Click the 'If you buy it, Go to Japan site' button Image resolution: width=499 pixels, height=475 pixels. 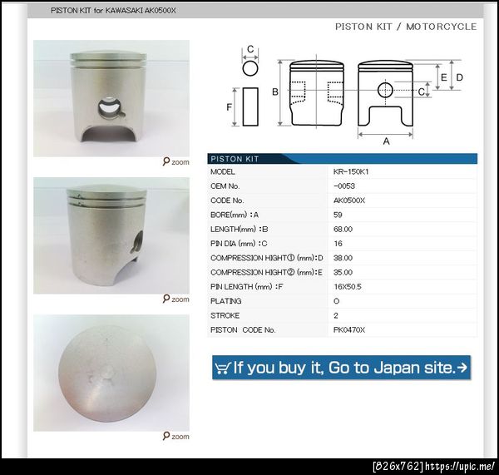[341, 368]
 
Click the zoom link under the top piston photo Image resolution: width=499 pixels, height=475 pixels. [176, 161]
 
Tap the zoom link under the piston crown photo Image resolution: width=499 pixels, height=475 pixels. [176, 436]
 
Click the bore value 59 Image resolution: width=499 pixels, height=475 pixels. [338, 215]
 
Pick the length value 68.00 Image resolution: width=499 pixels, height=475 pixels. [343, 230]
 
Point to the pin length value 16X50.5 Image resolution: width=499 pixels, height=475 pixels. [347, 287]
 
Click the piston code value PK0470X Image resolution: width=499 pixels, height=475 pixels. [349, 329]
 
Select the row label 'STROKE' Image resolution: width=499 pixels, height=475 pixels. [225, 315]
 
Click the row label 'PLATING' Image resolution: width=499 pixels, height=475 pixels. [226, 301]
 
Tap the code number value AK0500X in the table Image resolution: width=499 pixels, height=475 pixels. [349, 200]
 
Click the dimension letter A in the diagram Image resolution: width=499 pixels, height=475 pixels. [386, 141]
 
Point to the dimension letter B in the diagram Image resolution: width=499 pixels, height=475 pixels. [275, 92]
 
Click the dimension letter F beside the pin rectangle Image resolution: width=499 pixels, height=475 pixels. [230, 107]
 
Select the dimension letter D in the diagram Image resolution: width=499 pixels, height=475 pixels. [460, 77]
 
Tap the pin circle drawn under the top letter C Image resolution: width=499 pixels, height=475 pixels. [250, 68]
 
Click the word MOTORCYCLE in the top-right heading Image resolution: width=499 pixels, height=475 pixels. [441, 27]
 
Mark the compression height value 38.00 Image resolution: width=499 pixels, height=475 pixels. [343, 258]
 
